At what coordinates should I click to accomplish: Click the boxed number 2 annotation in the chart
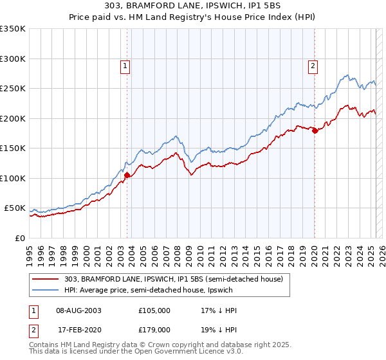(x=313, y=65)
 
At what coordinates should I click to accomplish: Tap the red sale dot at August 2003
(x=127, y=174)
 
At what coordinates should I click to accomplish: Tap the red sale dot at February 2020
(x=315, y=130)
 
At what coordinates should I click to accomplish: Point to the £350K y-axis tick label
(x=13, y=29)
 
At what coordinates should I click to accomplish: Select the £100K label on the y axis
(x=13, y=178)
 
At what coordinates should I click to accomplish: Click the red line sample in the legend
(x=46, y=278)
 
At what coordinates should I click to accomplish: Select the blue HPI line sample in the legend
(x=46, y=290)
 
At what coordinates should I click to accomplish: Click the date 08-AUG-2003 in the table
(x=79, y=310)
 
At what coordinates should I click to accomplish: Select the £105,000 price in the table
(x=154, y=310)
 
